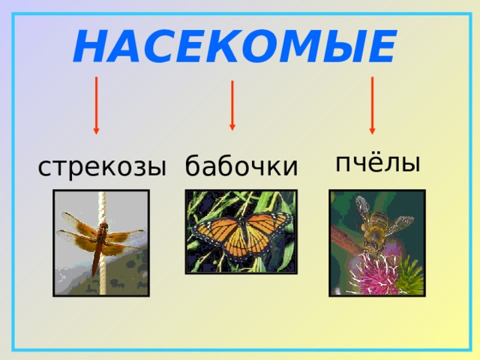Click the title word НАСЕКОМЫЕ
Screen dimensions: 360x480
click(x=234, y=48)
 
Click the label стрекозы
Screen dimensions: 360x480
click(x=101, y=166)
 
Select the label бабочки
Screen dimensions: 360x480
click(x=241, y=166)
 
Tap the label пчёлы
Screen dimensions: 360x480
click(x=377, y=163)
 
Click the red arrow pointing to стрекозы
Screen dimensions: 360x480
click(x=96, y=105)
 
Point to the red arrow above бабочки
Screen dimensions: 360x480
click(x=232, y=105)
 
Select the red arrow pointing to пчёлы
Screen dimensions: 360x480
click(x=372, y=105)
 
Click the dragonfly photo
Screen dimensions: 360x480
click(x=100, y=241)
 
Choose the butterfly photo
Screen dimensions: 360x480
click(x=241, y=231)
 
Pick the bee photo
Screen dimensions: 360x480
click(x=376, y=241)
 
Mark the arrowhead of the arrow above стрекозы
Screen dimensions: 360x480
click(x=96, y=130)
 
